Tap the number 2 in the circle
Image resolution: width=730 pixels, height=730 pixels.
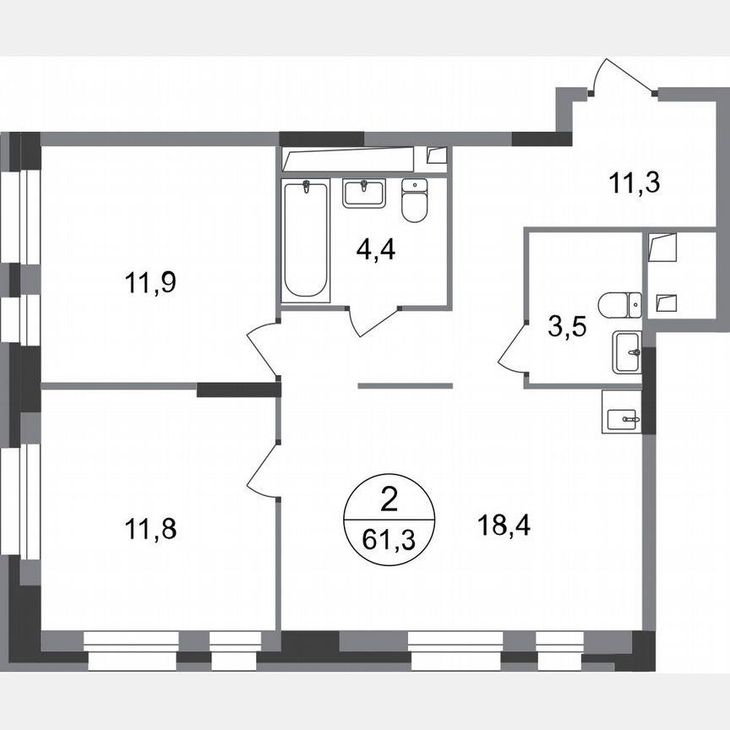389,502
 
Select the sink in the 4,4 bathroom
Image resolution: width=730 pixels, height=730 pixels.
364,193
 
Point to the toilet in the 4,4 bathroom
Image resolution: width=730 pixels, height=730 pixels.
414,200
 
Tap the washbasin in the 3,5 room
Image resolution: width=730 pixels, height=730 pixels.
626,351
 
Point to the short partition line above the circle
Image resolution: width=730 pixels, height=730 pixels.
406,385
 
